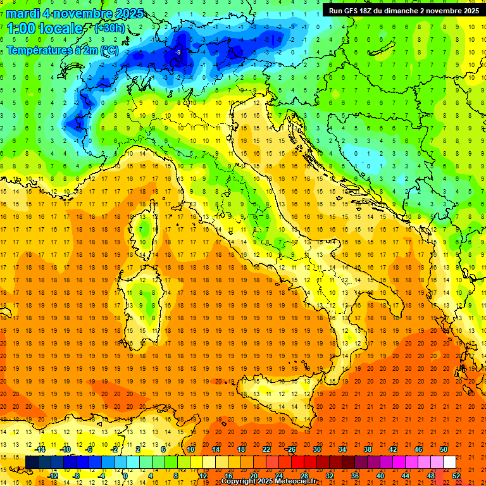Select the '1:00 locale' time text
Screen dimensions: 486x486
[x=44, y=28]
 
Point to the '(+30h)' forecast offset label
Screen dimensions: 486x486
[x=110, y=28]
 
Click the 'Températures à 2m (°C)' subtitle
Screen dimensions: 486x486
[x=62, y=49]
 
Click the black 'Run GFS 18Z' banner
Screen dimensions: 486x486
[x=402, y=10]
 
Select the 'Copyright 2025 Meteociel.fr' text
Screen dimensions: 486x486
[x=268, y=482]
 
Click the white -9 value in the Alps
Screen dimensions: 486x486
[x=178, y=52]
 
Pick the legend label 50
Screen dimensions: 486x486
[x=443, y=449]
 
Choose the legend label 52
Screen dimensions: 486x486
[x=456, y=475]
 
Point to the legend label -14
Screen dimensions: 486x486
[x=40, y=449]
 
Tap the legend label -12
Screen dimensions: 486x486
[x=53, y=475]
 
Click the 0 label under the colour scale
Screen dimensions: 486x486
[x=125, y=475]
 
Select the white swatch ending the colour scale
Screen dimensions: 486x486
[x=449, y=463]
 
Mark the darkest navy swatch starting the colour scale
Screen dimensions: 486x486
[x=32, y=463]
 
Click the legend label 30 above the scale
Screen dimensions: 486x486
[x=317, y=449]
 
